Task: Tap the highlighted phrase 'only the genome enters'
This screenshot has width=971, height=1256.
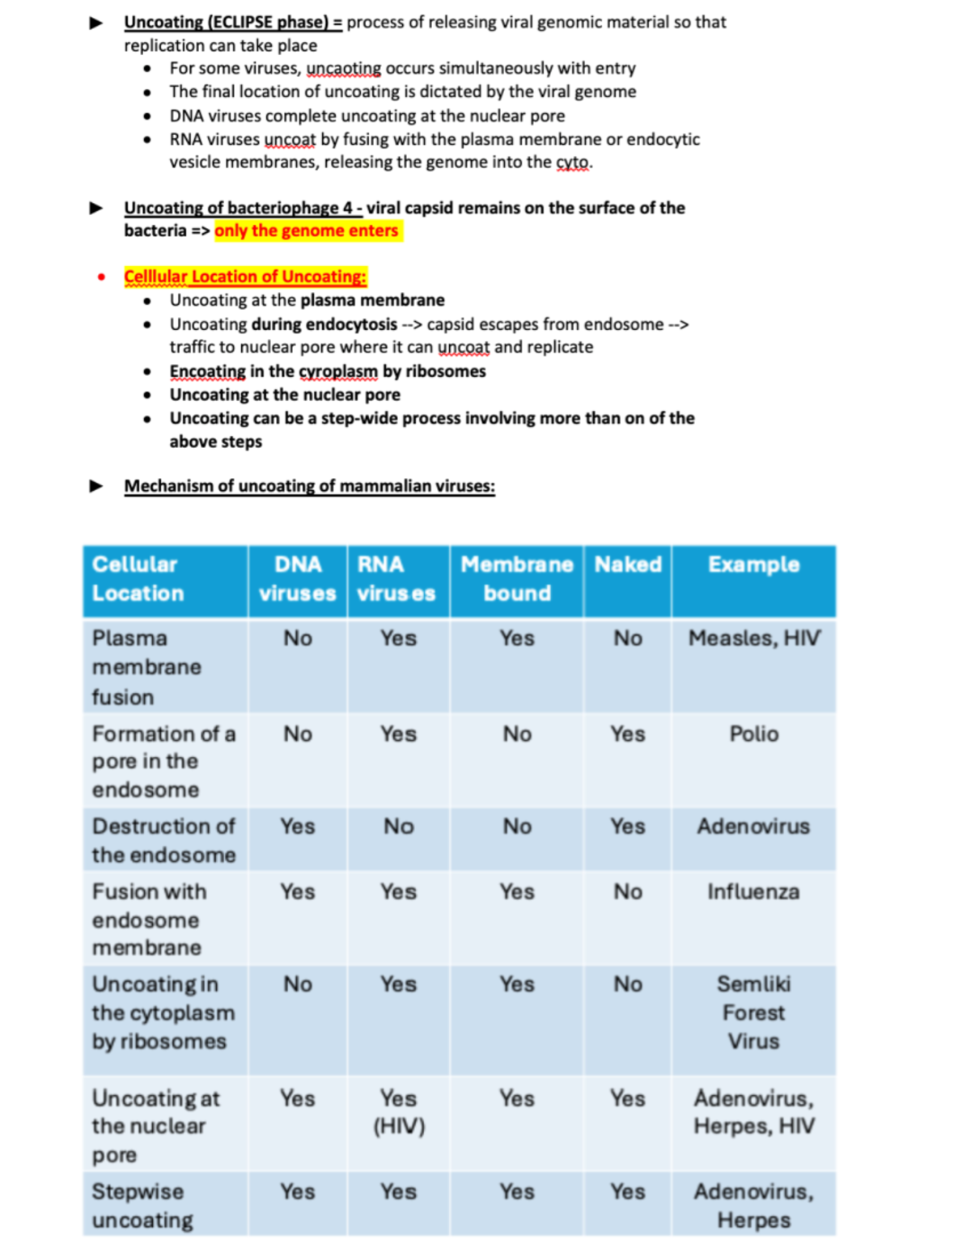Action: click(307, 230)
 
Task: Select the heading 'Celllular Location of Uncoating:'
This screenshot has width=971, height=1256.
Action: click(245, 277)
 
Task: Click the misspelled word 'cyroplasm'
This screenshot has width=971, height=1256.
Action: click(338, 371)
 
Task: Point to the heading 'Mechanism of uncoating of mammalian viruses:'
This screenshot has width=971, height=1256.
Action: click(309, 486)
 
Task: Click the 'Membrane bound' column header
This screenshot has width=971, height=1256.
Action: click(517, 579)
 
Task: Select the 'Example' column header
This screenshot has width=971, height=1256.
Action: click(753, 565)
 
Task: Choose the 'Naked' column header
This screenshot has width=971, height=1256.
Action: click(628, 565)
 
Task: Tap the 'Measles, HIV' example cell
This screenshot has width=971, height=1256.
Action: click(753, 638)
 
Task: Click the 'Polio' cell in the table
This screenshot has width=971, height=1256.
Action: click(753, 734)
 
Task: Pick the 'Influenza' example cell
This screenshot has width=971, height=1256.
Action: click(753, 891)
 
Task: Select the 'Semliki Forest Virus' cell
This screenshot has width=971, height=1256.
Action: click(753, 1013)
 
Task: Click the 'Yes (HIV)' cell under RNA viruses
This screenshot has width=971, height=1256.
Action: click(399, 1112)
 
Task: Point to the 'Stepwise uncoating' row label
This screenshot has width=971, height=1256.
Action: click(142, 1206)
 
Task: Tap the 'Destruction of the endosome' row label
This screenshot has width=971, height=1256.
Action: click(163, 840)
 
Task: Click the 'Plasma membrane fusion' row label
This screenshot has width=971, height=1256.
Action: click(146, 667)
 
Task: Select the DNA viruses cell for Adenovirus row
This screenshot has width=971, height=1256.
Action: click(298, 827)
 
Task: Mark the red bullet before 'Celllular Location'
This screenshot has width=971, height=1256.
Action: click(101, 277)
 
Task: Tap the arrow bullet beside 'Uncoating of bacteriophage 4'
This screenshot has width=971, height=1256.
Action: click(96, 208)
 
